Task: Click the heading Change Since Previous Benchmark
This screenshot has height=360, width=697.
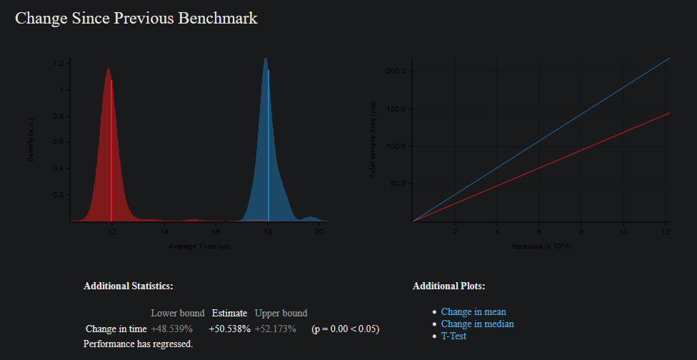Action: [x=136, y=19]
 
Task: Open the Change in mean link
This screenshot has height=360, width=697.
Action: [x=473, y=312]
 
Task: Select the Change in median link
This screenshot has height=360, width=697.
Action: [x=477, y=324]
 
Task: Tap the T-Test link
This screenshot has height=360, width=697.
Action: [x=453, y=336]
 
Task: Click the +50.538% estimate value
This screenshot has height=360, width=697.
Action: [x=229, y=329]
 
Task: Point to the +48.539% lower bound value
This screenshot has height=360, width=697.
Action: [x=172, y=329]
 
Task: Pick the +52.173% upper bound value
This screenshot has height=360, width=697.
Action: [x=276, y=329]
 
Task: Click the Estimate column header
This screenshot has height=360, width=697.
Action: [x=229, y=313]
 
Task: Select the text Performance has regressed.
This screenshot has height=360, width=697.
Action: [x=138, y=344]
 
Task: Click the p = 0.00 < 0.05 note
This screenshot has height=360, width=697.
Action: [x=345, y=329]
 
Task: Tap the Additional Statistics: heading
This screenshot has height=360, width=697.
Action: [x=128, y=286]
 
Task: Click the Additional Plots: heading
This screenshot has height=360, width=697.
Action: [x=448, y=286]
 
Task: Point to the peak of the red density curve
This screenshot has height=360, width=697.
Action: [x=109, y=69]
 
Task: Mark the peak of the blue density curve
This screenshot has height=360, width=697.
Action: [x=266, y=59]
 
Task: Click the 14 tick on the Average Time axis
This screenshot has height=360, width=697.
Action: [x=164, y=232]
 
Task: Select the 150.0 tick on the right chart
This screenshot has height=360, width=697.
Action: [x=396, y=109]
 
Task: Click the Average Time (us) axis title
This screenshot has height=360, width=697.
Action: [x=199, y=246]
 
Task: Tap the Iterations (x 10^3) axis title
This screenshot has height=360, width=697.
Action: [x=541, y=246]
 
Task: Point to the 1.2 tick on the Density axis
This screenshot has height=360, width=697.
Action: [x=58, y=64]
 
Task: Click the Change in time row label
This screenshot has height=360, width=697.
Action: [x=116, y=329]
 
